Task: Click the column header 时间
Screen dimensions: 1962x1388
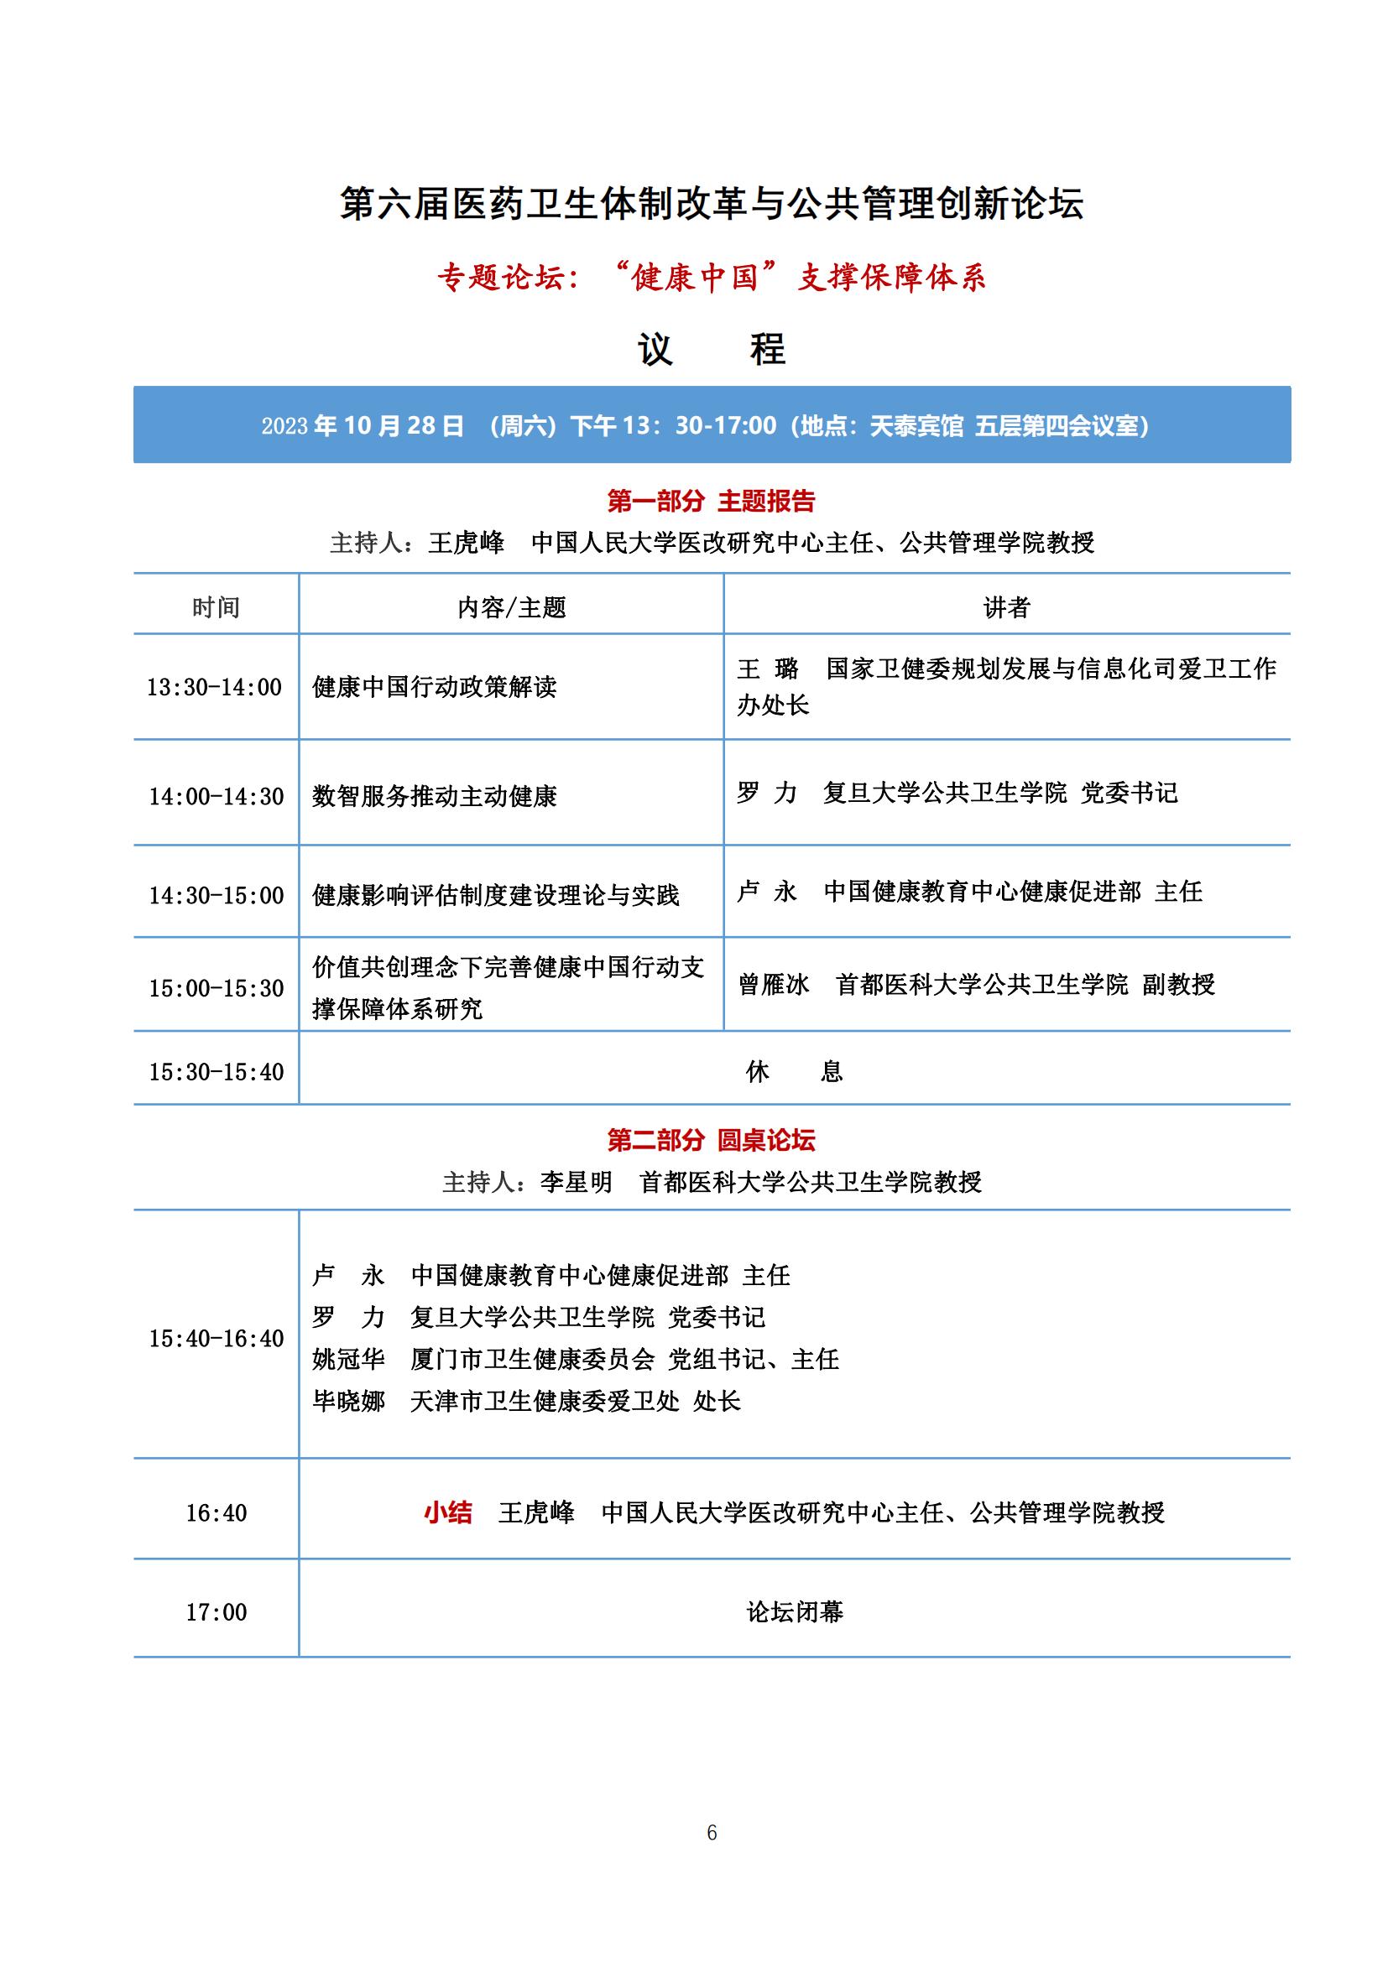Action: pos(216,607)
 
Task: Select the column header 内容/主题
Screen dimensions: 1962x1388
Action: pos(511,607)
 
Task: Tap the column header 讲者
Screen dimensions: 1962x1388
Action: pos(1006,607)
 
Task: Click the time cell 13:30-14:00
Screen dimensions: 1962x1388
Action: pos(215,687)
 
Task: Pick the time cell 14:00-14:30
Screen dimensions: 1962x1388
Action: pos(217,796)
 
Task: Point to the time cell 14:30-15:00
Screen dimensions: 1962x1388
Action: pos(217,896)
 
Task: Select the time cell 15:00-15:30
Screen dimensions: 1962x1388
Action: pos(217,989)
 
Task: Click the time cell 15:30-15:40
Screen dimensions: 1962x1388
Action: pos(217,1071)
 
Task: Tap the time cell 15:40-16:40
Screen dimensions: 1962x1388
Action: pos(217,1338)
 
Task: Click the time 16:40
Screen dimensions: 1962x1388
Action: pos(217,1513)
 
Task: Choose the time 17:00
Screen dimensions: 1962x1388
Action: pos(217,1612)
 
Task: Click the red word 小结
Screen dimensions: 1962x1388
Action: pos(448,1513)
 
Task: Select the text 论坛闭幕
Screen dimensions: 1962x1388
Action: pos(795,1612)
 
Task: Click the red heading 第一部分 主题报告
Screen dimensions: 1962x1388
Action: pos(711,501)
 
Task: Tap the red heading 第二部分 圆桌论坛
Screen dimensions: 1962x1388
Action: pos(711,1140)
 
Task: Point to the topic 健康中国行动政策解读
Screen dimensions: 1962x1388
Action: pos(434,687)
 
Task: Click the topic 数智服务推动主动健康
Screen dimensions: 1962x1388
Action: pos(434,796)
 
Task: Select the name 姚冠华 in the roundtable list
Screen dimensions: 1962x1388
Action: pos(349,1360)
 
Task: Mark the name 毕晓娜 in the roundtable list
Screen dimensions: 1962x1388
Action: pos(349,1402)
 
